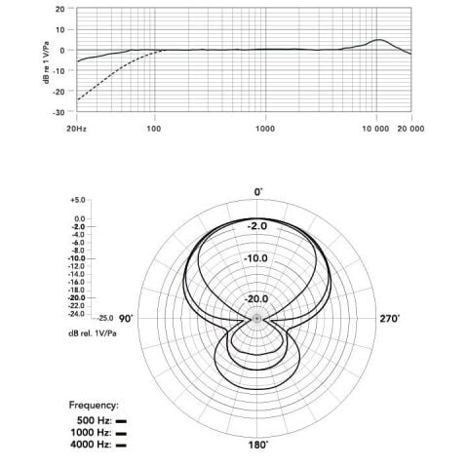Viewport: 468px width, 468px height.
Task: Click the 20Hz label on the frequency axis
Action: click(x=77, y=129)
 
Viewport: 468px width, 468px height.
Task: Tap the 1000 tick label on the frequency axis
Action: click(x=265, y=129)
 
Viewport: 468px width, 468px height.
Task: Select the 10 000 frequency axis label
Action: click(x=375, y=129)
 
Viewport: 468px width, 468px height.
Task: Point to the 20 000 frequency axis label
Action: click(x=410, y=129)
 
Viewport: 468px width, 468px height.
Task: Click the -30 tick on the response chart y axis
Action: click(x=58, y=112)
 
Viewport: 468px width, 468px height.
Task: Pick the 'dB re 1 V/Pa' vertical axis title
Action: click(x=47, y=62)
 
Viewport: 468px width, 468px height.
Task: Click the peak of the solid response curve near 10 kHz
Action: click(x=378, y=40)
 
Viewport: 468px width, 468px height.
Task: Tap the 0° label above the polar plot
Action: click(x=257, y=192)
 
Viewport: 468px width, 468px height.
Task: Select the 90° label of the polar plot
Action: click(x=126, y=319)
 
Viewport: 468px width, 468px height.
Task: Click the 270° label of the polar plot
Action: click(x=390, y=319)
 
